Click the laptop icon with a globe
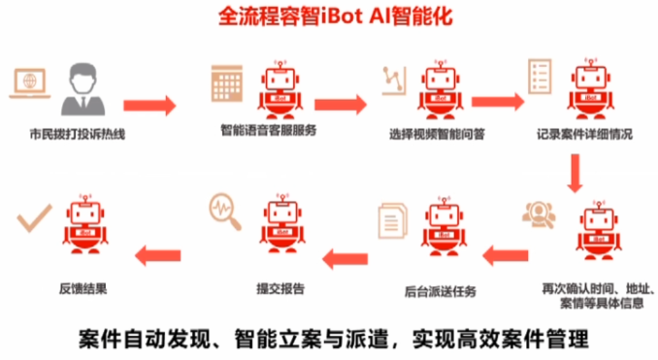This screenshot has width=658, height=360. pyautogui.click(x=30, y=83)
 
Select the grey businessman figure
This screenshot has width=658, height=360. pyautogui.click(x=83, y=89)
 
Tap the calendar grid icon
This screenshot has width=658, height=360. pyautogui.click(x=226, y=83)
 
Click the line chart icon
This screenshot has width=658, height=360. pyautogui.click(x=394, y=81)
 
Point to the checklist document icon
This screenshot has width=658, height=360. pyautogui.click(x=540, y=76)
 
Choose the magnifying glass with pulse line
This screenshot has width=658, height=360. pyautogui.click(x=225, y=212)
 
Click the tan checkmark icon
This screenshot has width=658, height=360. pyautogui.click(x=34, y=217)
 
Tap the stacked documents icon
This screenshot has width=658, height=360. pyautogui.click(x=393, y=220)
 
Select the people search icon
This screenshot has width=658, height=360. pyautogui.click(x=539, y=214)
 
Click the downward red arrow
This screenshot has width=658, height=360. pyautogui.click(x=575, y=173)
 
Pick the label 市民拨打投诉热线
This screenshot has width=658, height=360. pyautogui.click(x=78, y=134)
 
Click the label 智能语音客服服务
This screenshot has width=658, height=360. pyautogui.click(x=269, y=130)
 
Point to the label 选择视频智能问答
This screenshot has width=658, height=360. pyautogui.click(x=437, y=134)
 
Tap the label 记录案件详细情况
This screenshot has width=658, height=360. pyautogui.click(x=584, y=134)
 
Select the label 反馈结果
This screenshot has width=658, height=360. pyautogui.click(x=83, y=288)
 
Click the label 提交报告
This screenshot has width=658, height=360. pyautogui.click(x=280, y=288)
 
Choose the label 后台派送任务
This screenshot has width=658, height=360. pyautogui.click(x=441, y=291)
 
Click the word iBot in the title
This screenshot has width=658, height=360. pyautogui.click(x=342, y=16)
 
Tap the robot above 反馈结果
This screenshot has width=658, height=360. pyautogui.click(x=85, y=224)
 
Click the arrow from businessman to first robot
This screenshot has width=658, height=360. pyautogui.click(x=149, y=106)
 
